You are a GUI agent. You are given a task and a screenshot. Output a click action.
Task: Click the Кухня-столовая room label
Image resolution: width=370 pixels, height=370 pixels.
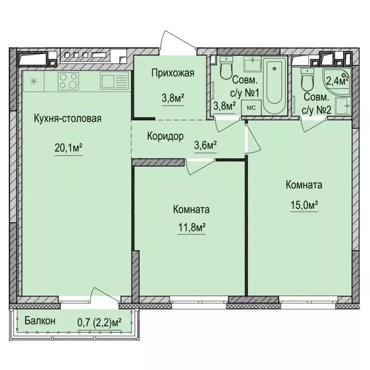click(x=67, y=119)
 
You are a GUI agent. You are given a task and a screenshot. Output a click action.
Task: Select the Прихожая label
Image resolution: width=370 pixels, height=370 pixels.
click(x=172, y=74)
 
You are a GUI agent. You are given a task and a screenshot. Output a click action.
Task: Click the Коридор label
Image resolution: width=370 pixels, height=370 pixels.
click(x=165, y=136)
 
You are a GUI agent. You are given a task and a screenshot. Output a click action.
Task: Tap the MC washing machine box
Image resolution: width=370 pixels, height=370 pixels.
click(x=251, y=107)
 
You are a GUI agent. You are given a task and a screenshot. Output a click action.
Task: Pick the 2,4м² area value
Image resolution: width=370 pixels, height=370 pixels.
click(x=336, y=79)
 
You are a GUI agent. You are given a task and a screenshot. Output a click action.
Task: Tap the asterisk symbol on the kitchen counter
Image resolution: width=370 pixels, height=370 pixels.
click(x=33, y=80)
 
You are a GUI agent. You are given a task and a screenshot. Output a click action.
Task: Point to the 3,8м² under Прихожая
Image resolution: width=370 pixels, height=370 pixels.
click(x=172, y=98)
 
